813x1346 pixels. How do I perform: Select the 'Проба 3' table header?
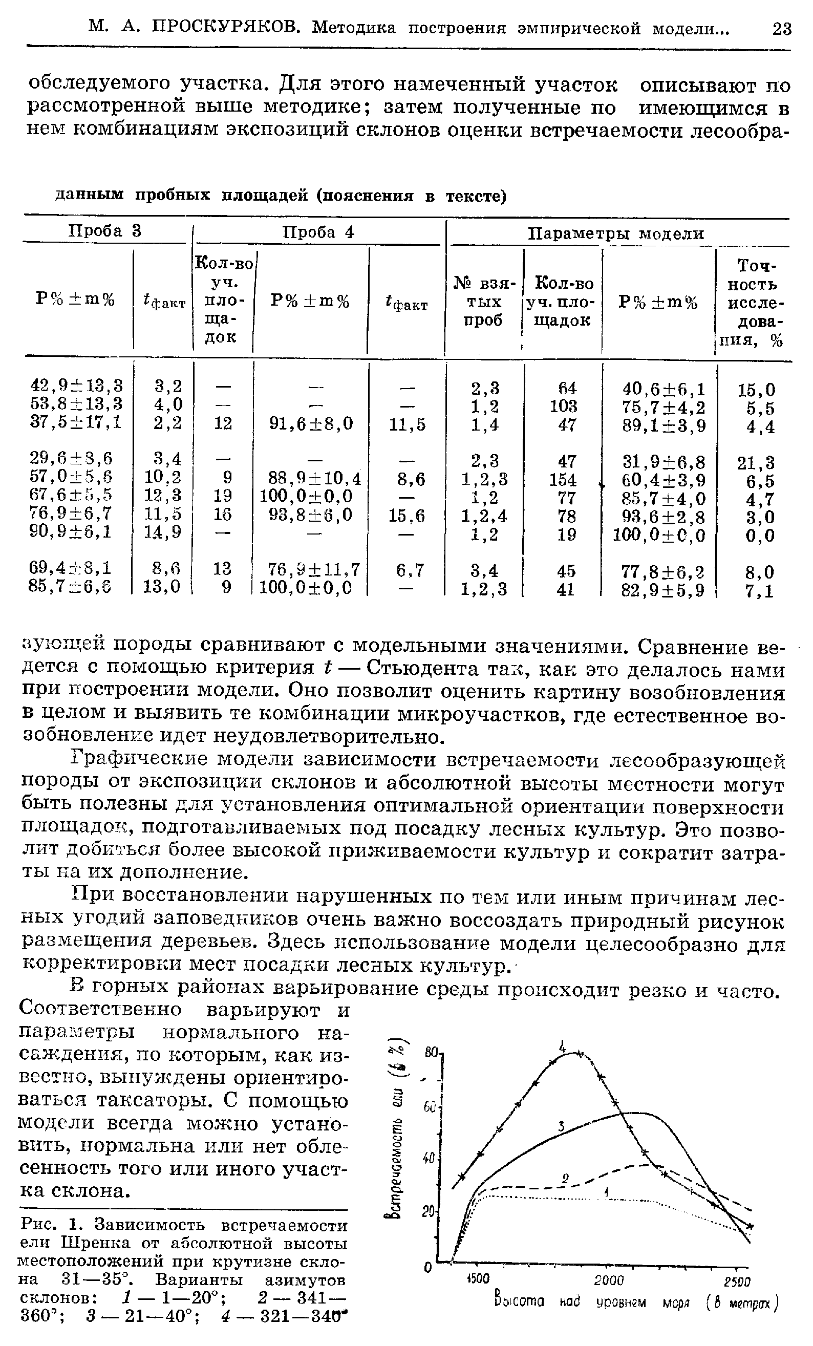[105, 231]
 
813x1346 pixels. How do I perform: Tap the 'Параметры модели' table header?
[616, 234]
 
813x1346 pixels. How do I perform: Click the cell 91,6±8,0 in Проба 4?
[311, 424]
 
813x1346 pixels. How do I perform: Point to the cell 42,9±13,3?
[76, 386]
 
